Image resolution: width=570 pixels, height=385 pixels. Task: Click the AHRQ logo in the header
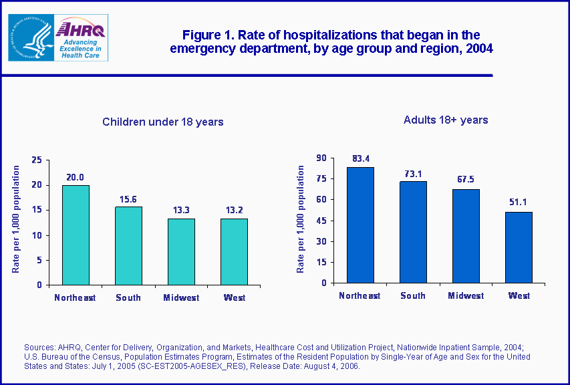[80, 37]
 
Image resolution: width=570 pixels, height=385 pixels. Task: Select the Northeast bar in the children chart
[76, 235]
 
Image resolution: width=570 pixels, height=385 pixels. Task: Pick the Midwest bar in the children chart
[181, 251]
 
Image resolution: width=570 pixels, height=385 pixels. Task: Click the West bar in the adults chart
[519, 247]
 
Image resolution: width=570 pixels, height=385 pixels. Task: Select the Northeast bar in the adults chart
[360, 225]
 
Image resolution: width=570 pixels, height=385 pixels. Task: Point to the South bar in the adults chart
[413, 232]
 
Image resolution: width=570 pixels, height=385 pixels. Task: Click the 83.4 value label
[361, 159]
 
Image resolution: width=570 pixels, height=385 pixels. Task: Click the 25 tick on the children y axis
[37, 160]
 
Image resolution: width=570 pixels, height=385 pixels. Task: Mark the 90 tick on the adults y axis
[322, 158]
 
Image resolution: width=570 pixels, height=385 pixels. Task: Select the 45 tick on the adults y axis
[322, 221]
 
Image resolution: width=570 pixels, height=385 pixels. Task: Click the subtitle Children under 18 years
[162, 122]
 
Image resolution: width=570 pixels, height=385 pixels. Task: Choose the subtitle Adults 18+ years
[446, 120]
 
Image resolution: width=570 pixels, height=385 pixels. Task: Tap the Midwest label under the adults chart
[466, 295]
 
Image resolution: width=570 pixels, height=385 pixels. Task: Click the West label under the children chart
[234, 297]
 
